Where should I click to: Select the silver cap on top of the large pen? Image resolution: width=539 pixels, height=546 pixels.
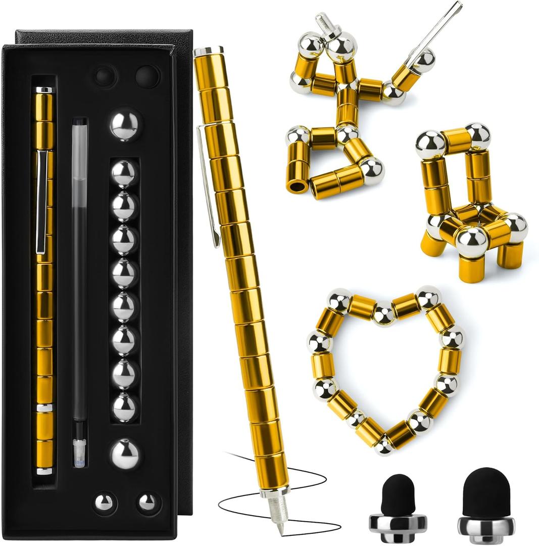[x=208, y=51]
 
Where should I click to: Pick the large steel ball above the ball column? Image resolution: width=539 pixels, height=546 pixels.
[x=124, y=125]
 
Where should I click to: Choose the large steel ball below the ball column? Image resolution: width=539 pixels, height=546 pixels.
[x=124, y=453]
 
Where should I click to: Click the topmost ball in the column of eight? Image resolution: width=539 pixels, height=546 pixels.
[x=124, y=173]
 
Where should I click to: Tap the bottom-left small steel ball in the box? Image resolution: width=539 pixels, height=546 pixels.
[x=105, y=503]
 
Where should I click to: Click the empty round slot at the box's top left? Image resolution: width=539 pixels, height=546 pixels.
[x=106, y=76]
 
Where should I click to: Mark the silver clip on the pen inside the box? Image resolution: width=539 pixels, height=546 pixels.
[x=42, y=202]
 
